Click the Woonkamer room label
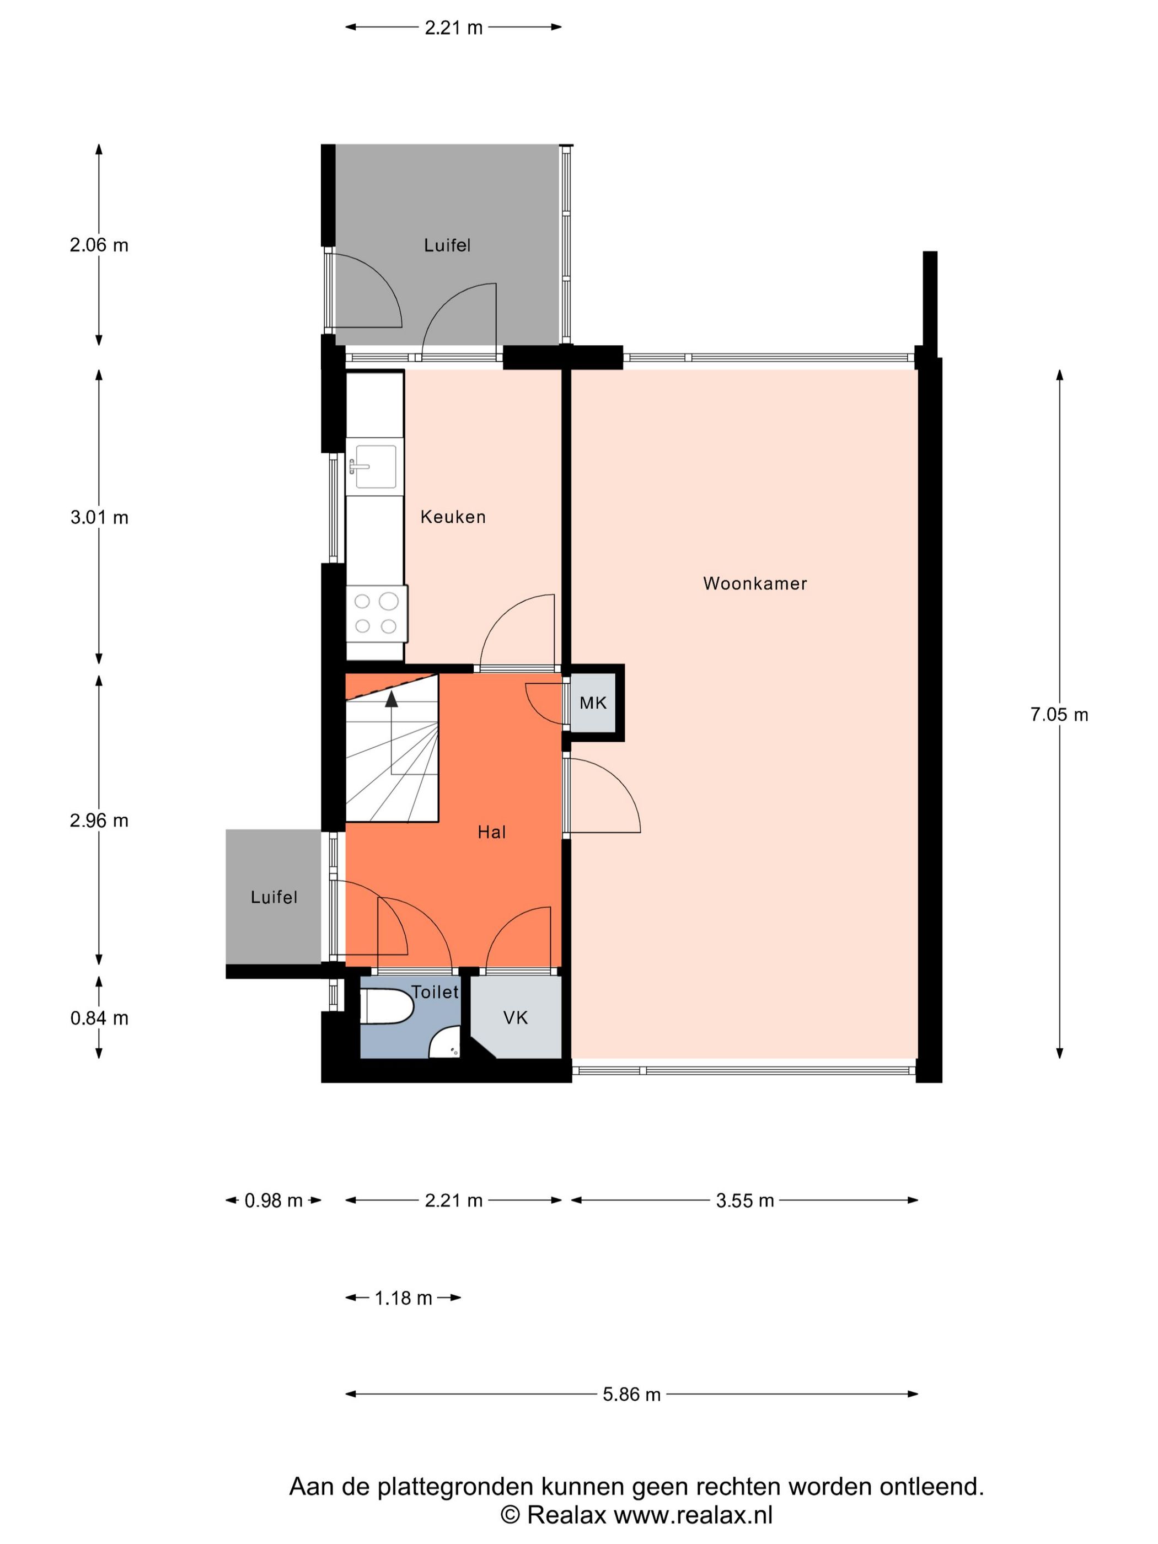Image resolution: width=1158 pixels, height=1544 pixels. pos(754,583)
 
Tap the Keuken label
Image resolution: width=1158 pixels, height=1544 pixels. pos(452,517)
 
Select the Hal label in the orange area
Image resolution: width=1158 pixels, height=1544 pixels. pos(491,832)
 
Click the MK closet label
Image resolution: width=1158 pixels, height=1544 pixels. pos(593,703)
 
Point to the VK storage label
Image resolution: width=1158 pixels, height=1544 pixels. pos(515,1018)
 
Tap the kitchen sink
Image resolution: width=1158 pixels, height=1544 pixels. pos(374,467)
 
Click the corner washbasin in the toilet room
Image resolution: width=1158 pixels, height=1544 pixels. pos(444,1042)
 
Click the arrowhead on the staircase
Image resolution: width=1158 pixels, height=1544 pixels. pos(392,698)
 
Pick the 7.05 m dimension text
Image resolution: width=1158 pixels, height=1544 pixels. pos(1059,715)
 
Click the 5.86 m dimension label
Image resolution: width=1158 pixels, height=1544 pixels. pos(631,1395)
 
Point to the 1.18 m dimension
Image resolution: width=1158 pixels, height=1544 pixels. pos(404,1298)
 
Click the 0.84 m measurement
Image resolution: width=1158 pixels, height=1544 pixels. pos(99,1018)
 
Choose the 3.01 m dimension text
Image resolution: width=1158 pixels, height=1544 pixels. pos(99,517)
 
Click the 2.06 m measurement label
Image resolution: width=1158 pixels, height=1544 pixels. pos(99,245)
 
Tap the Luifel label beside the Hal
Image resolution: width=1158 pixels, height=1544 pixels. pos(274,897)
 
